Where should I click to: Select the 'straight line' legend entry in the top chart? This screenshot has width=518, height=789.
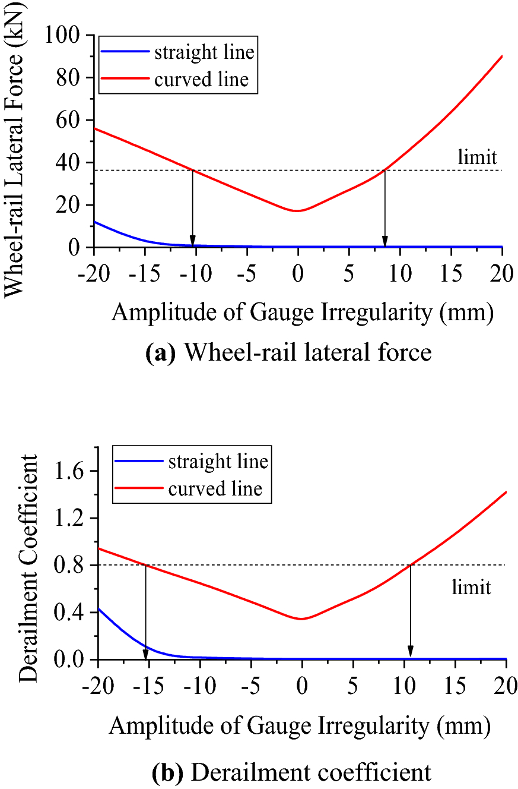pyautogui.click(x=204, y=52)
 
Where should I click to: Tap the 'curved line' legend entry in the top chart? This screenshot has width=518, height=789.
pyautogui.click(x=201, y=79)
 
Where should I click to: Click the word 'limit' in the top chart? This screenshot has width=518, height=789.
pyautogui.click(x=477, y=158)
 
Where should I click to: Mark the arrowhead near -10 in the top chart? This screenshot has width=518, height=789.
pyautogui.click(x=192, y=241)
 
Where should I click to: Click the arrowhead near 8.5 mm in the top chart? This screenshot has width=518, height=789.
pyautogui.click(x=385, y=241)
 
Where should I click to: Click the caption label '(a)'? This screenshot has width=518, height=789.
pyautogui.click(x=160, y=353)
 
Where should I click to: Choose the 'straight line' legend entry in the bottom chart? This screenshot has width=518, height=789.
pyautogui.click(x=218, y=462)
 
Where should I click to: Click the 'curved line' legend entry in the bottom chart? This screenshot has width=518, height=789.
pyautogui.click(x=215, y=489)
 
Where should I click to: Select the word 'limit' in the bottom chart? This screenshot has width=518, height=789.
pyautogui.click(x=471, y=588)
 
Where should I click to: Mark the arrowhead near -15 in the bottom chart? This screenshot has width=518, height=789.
pyautogui.click(x=145, y=654)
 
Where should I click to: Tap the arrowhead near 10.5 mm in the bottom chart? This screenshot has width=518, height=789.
pyautogui.click(x=410, y=654)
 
